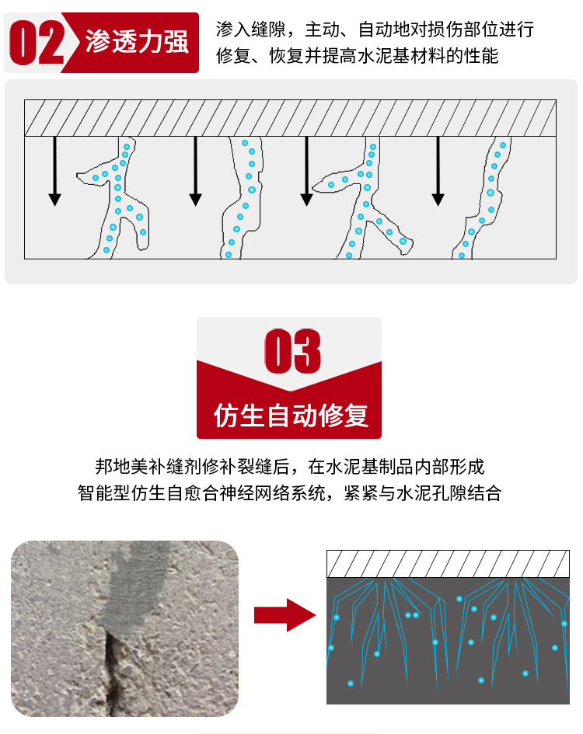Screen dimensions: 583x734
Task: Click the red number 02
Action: point(37,42)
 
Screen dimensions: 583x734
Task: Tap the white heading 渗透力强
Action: point(137,42)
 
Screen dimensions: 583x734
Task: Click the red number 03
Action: point(293,351)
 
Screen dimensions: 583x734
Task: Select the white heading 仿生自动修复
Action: point(291,416)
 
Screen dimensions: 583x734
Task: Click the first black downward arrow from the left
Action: point(55,171)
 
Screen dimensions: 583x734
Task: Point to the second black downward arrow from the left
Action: point(195,171)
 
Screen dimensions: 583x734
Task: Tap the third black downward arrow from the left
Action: point(306,171)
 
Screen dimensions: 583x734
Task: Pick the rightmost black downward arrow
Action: point(438,171)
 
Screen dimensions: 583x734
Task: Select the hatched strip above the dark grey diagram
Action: point(448,564)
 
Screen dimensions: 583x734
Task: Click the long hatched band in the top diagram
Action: point(290,118)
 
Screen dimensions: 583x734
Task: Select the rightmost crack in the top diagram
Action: point(483,197)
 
